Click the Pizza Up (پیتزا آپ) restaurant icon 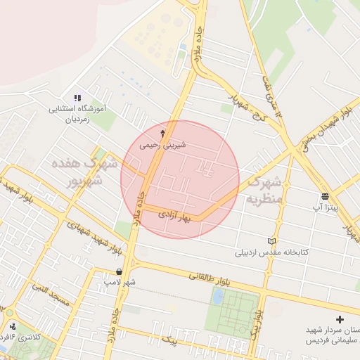tap(324, 196)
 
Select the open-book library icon tap(273, 240)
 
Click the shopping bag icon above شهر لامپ tap(119, 271)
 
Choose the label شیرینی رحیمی tap(163, 146)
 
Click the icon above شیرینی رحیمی tap(164, 133)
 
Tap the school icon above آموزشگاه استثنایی tap(77, 98)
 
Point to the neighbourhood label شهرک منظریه tap(264, 190)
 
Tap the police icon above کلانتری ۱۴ tap(13, 326)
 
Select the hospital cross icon tap(340, 319)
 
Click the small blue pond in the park tap(218, 297)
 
